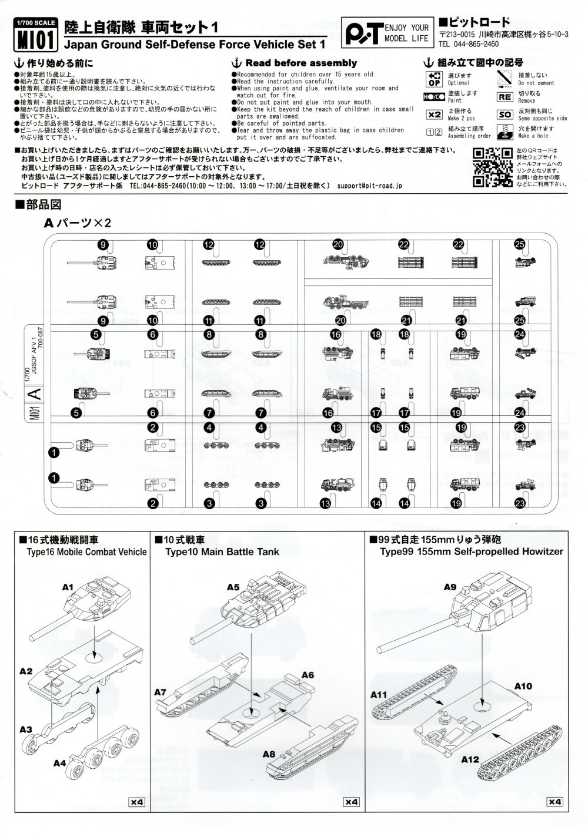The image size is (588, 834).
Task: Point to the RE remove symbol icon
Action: [x=505, y=96]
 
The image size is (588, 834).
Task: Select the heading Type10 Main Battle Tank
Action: [x=222, y=551]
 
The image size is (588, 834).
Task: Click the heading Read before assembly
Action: [x=295, y=63]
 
